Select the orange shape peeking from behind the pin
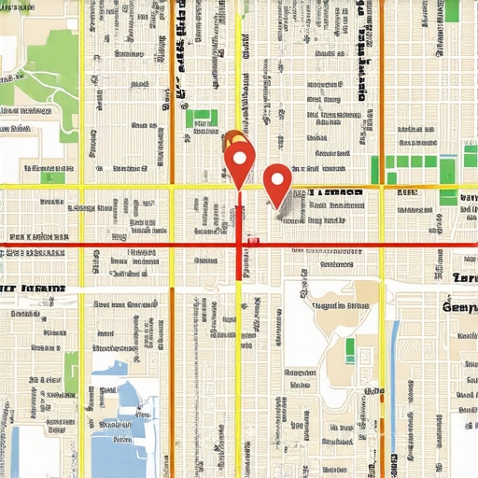[228, 142]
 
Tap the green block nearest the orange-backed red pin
[201, 119]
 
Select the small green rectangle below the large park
[53, 176]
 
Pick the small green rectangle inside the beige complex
[350, 350]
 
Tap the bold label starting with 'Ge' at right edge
[460, 306]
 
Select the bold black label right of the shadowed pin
[335, 194]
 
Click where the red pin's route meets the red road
[240, 246]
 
